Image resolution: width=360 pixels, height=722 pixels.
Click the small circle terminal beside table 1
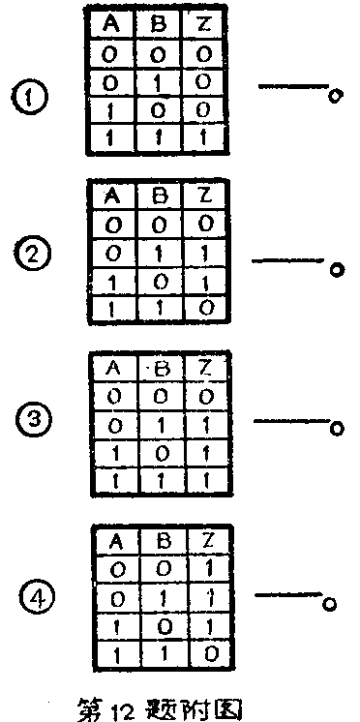335,97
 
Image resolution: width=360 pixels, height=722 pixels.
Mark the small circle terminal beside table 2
337,270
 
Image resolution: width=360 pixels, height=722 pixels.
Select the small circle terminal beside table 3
336,429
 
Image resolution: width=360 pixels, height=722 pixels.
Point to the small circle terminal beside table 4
331,604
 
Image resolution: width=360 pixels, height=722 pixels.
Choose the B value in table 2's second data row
159,252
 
